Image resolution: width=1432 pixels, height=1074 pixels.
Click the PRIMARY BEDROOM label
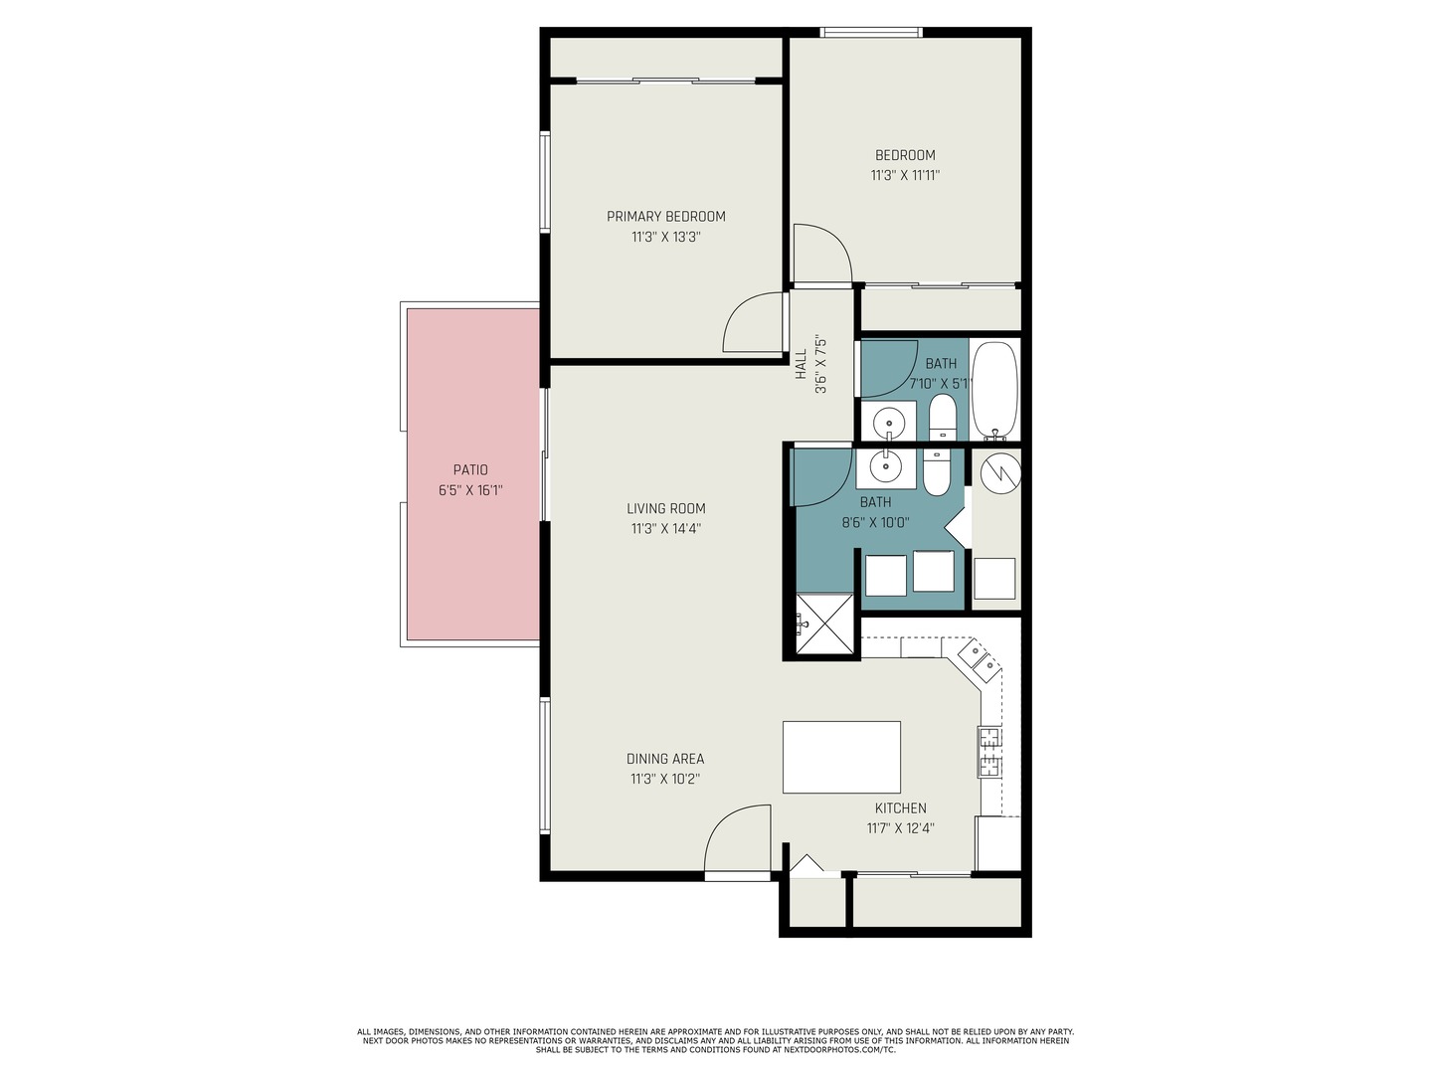665,217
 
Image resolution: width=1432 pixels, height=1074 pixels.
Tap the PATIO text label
470,469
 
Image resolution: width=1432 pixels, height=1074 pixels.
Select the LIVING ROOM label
665,508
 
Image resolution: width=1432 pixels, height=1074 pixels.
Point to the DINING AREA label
665,759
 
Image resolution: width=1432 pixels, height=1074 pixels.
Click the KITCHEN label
900,807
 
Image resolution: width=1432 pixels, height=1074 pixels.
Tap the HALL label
802,365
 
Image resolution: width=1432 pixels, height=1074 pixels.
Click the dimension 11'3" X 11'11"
905,175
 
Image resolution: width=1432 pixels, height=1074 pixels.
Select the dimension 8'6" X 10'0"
875,522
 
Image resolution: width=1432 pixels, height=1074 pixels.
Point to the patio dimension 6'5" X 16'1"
470,490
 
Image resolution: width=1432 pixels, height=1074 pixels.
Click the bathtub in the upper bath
994,390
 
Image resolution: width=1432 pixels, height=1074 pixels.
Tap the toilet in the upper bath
942,418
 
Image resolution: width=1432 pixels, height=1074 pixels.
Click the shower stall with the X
824,624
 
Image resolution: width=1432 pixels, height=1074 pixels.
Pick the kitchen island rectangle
841,757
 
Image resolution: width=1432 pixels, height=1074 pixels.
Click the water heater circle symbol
1000,473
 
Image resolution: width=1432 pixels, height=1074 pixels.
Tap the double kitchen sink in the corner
980,657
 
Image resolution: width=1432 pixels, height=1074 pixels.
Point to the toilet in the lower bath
936,470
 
